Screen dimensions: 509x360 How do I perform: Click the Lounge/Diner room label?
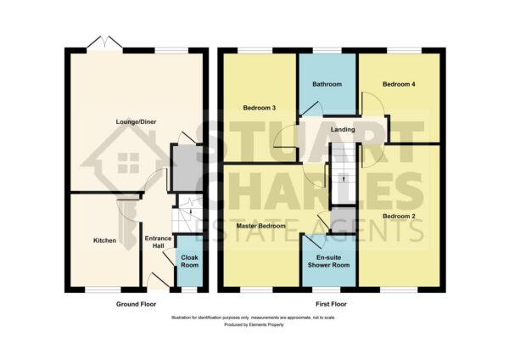[x=136, y=122]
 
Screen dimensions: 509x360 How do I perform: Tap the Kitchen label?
[x=104, y=240]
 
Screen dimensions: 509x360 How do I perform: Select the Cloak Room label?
[x=189, y=262]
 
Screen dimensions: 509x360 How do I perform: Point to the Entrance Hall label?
[x=158, y=242]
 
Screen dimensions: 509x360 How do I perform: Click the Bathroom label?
[x=327, y=84]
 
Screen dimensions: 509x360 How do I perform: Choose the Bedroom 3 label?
[x=260, y=108]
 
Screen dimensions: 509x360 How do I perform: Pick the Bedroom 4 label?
[x=399, y=84]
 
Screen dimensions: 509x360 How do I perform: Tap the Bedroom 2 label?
[x=399, y=216]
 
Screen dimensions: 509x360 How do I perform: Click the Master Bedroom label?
[x=261, y=226]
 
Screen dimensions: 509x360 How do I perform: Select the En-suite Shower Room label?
[x=328, y=262]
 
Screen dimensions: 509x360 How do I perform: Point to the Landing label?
[x=343, y=129]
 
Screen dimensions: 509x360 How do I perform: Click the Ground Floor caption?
[x=136, y=304]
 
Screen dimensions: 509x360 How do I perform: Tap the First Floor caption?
[x=331, y=304]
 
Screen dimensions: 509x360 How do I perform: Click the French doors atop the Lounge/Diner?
[x=104, y=43]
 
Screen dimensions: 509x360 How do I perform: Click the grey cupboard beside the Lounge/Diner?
[x=187, y=168]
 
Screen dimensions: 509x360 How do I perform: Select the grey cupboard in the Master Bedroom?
[x=343, y=219]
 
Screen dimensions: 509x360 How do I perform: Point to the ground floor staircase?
[x=187, y=213]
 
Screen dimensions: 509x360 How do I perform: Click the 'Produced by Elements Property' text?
[x=254, y=324]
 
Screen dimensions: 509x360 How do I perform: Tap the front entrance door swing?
[x=159, y=279]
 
